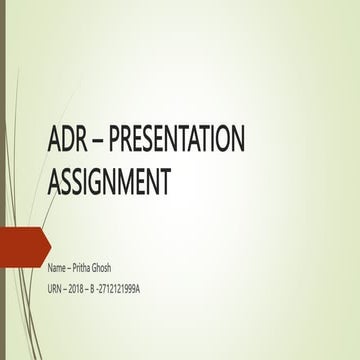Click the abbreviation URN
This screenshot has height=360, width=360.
click(56, 289)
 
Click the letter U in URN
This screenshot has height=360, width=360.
click(50, 289)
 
